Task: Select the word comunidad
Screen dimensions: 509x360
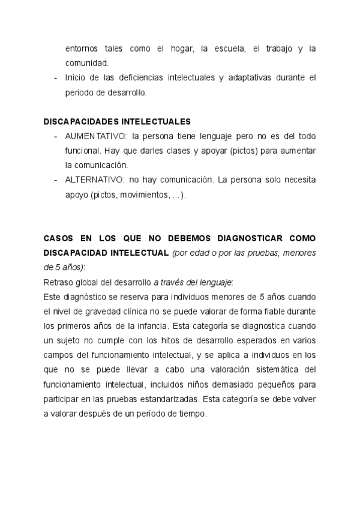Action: [x=87, y=62]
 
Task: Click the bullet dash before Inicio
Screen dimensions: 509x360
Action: [x=55, y=78]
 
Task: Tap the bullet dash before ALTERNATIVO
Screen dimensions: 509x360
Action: [x=55, y=179]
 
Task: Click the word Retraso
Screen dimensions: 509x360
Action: [x=57, y=282]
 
